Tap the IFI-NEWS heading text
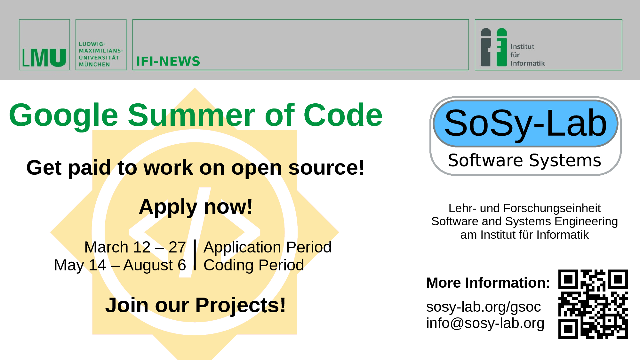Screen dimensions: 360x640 pyautogui.click(x=168, y=61)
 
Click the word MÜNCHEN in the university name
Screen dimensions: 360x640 pyautogui.click(x=94, y=64)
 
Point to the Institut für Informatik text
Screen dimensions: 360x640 pyautogui.click(x=527, y=55)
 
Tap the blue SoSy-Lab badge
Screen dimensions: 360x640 pyautogui.click(x=525, y=123)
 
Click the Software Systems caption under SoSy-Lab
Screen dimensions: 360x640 pyautogui.click(x=524, y=160)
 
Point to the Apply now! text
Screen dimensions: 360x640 pyautogui.click(x=196, y=207)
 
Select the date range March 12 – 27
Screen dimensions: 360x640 pyautogui.click(x=135, y=247)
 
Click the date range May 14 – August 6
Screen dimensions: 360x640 pyautogui.click(x=120, y=265)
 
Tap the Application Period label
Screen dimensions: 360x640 pyautogui.click(x=268, y=247)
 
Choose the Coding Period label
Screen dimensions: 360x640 pyautogui.click(x=254, y=265)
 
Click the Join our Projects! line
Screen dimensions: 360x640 pyautogui.click(x=195, y=305)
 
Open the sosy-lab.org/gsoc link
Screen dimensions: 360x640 pyautogui.click(x=484, y=307)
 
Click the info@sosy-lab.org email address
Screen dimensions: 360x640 pyautogui.click(x=485, y=323)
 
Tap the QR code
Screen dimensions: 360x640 pyautogui.click(x=593, y=304)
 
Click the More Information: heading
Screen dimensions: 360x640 pyautogui.click(x=488, y=283)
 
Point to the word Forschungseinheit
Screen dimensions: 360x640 pyautogui.click(x=552, y=208)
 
